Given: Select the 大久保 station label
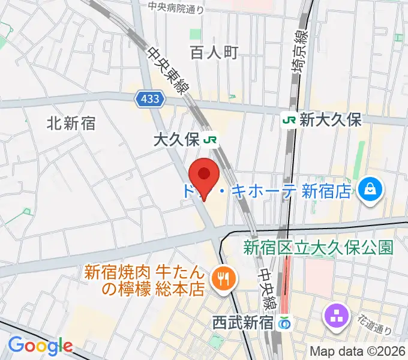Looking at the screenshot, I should (175, 140).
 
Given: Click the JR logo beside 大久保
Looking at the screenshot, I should (210, 140).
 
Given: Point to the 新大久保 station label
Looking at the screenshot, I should (331, 119).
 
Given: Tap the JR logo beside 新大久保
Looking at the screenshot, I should (289, 119).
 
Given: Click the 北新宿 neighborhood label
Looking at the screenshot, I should (71, 124).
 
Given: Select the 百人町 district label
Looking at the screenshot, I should (214, 52).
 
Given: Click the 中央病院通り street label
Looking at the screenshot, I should (176, 8).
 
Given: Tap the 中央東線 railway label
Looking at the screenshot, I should (168, 69).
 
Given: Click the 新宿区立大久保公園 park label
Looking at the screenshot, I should (318, 247).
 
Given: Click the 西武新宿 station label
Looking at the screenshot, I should (243, 323).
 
